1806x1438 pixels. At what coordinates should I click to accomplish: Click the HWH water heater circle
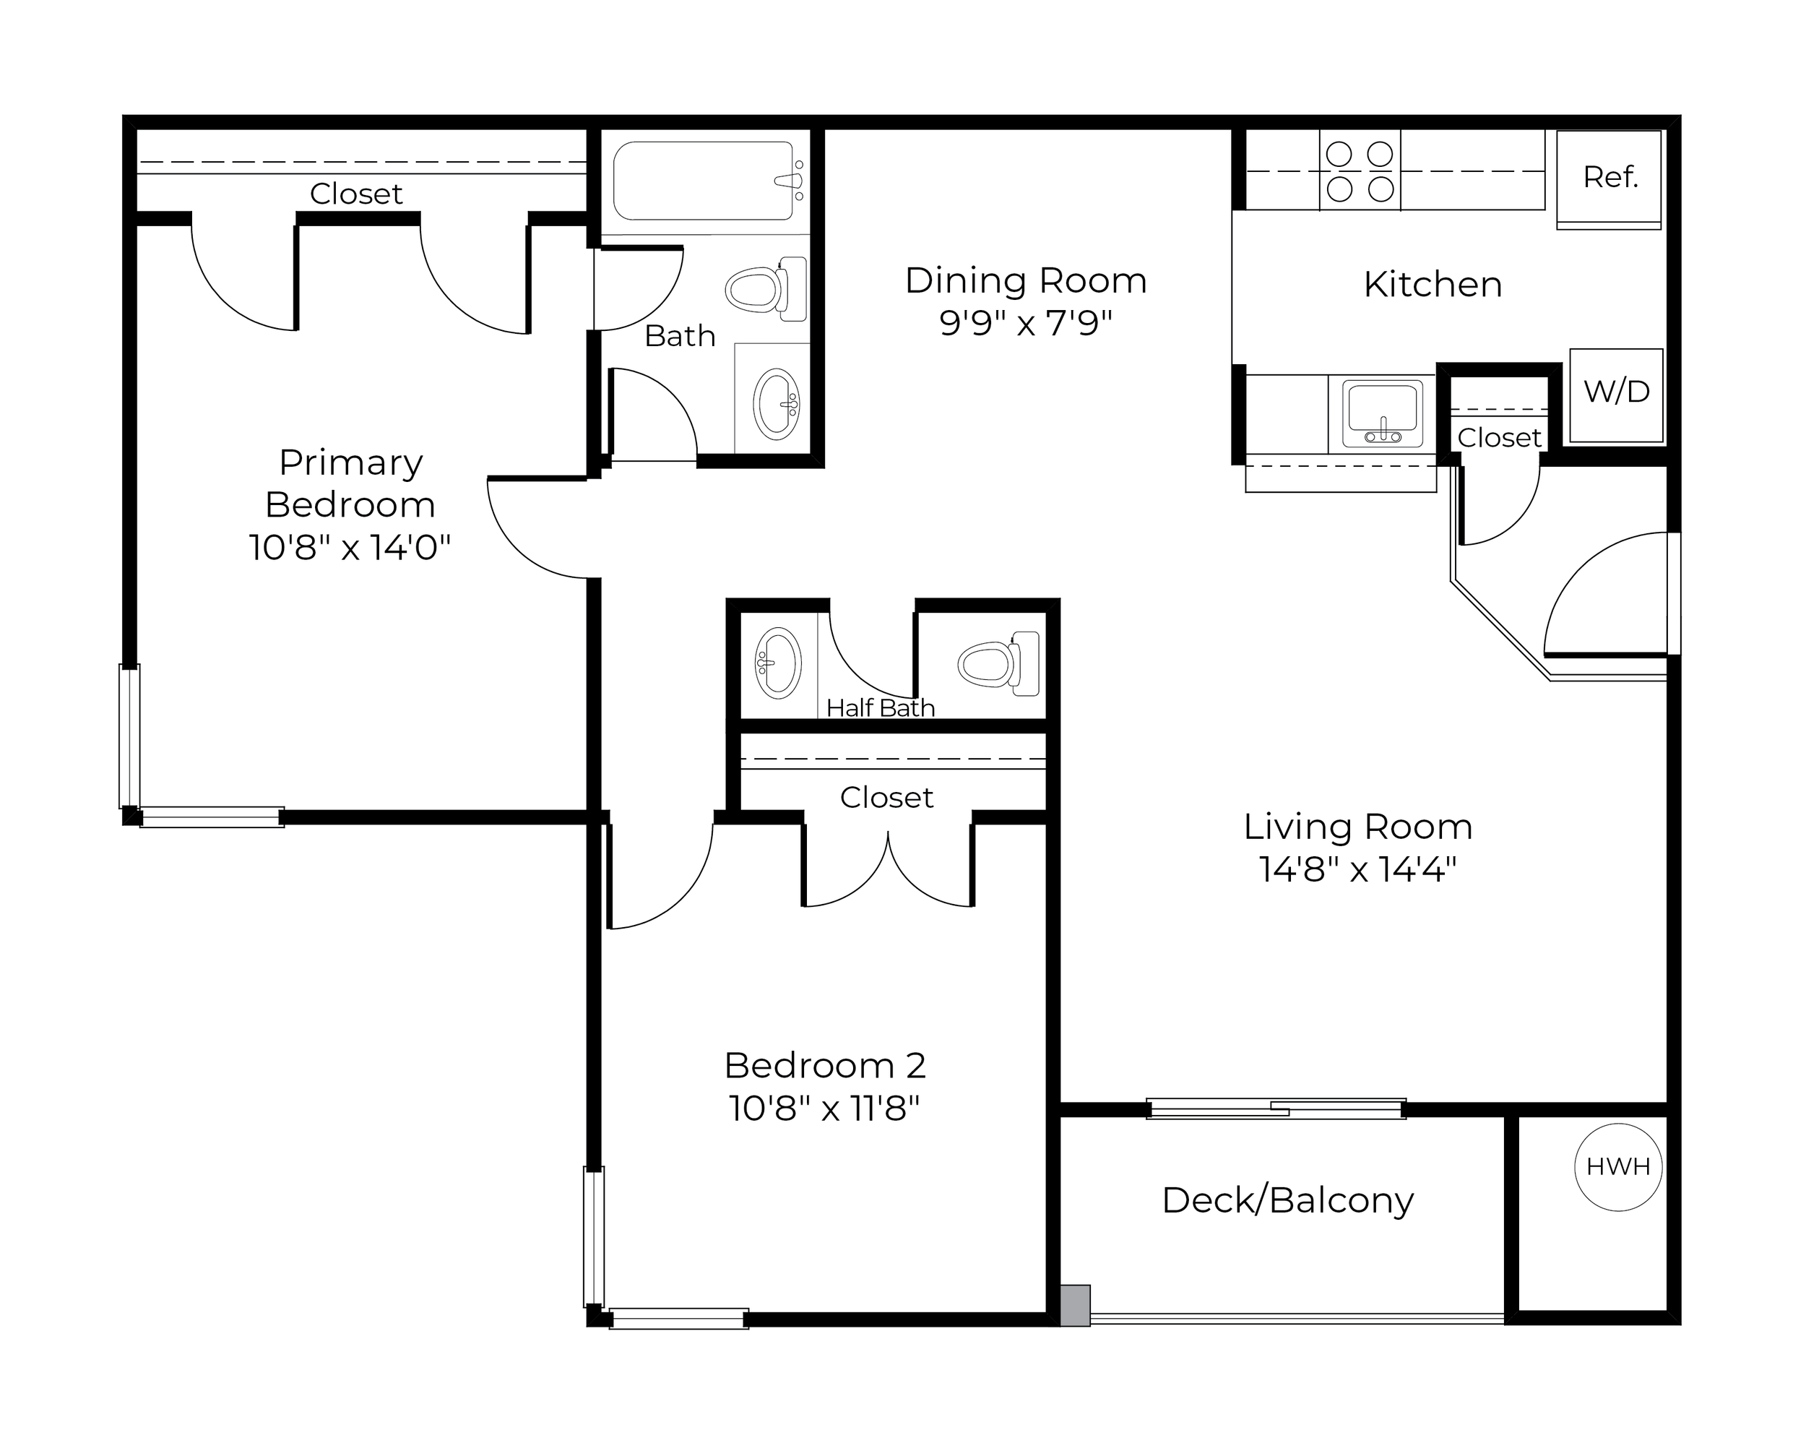point(1617,1167)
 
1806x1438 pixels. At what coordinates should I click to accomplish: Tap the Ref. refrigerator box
point(1610,179)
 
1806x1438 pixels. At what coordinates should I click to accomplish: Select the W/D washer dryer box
point(1616,395)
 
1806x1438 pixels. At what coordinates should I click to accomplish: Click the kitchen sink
point(1382,413)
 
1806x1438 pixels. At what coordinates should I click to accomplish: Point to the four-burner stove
point(1360,171)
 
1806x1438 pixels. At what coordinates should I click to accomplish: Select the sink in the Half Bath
point(778,663)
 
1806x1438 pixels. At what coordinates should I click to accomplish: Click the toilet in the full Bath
point(766,289)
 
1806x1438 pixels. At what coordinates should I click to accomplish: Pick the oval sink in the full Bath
point(776,404)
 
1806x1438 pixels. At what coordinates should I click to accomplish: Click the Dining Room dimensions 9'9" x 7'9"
point(1025,322)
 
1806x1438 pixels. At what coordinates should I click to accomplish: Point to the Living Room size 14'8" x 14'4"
point(1358,870)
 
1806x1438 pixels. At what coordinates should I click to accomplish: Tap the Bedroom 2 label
point(825,1066)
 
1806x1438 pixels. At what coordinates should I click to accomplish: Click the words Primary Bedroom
point(350,484)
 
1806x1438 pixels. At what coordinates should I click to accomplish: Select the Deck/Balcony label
point(1287,1201)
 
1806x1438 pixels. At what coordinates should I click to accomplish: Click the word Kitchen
point(1433,285)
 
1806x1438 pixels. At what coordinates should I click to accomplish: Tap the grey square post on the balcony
point(1076,1306)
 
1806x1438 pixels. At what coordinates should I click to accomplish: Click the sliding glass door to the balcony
point(1276,1109)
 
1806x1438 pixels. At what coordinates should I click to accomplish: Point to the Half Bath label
point(881,708)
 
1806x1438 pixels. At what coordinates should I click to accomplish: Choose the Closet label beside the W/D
point(1500,437)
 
